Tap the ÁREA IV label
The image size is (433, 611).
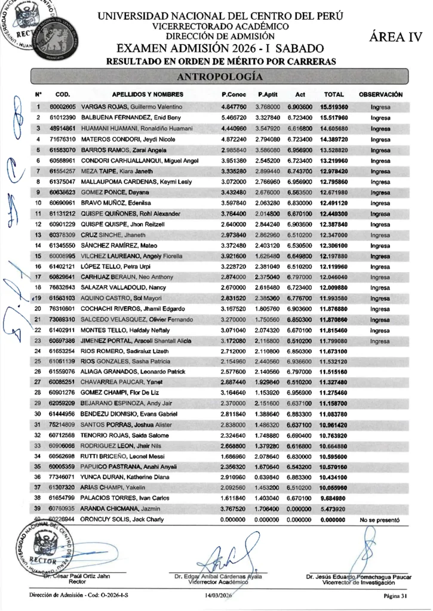396,38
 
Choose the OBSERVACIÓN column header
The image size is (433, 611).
380,94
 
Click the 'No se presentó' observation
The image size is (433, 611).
379,520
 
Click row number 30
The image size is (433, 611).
38,413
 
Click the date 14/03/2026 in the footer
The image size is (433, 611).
218,595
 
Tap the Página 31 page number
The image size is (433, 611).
395,595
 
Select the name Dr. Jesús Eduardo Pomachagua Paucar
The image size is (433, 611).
358,577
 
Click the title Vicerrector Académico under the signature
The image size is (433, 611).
217,582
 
